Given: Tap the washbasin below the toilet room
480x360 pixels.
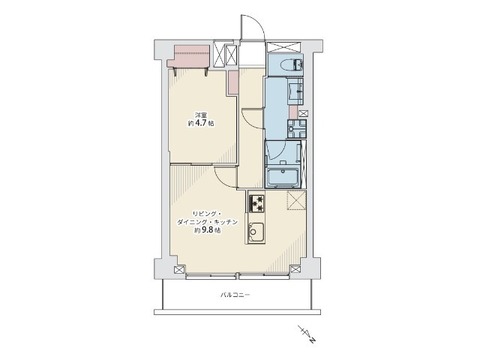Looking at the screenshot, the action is [295, 90].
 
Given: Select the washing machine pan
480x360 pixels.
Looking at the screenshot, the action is [297, 128].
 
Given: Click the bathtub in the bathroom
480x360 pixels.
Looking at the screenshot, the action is [283, 176].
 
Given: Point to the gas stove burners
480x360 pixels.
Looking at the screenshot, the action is [257, 203].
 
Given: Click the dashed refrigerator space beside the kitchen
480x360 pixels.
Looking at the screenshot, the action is [296, 200].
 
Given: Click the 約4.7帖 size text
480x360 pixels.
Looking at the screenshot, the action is [200, 123].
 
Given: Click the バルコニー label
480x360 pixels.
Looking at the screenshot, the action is [235, 295].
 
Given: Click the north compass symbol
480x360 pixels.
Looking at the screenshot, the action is [308, 334].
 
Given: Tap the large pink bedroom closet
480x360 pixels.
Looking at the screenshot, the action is [189, 56].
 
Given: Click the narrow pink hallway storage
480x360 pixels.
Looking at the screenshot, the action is [233, 82].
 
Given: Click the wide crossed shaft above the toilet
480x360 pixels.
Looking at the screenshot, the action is [283, 47].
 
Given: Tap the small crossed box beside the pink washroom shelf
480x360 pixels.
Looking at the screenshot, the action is [303, 113].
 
